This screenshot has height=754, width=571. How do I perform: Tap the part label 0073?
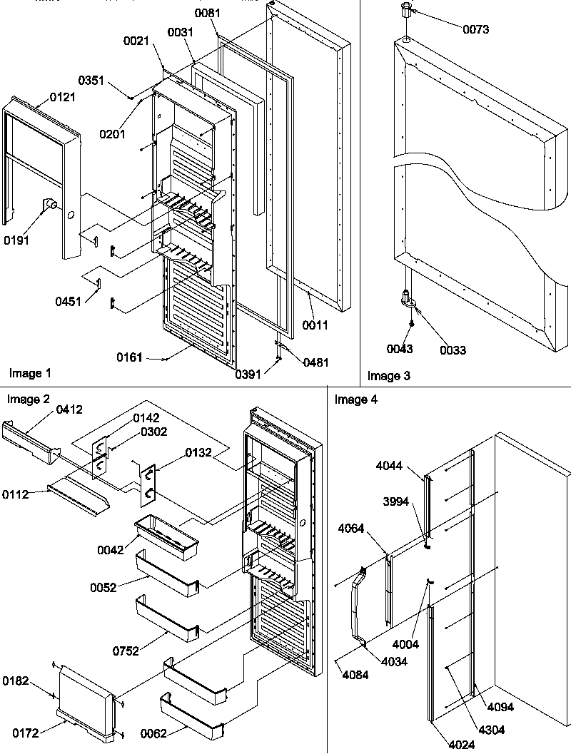[475, 29]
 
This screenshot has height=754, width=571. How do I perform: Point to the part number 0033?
[453, 350]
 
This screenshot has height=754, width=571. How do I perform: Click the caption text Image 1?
[31, 373]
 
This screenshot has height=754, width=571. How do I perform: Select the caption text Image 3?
[389, 375]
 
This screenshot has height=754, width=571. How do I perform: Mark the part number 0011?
[315, 325]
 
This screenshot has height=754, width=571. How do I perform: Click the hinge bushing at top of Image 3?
[405, 10]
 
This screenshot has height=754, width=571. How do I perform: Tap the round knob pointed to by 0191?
[52, 206]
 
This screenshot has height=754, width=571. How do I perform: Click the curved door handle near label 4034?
[357, 603]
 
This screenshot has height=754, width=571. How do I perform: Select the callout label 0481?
[315, 362]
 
